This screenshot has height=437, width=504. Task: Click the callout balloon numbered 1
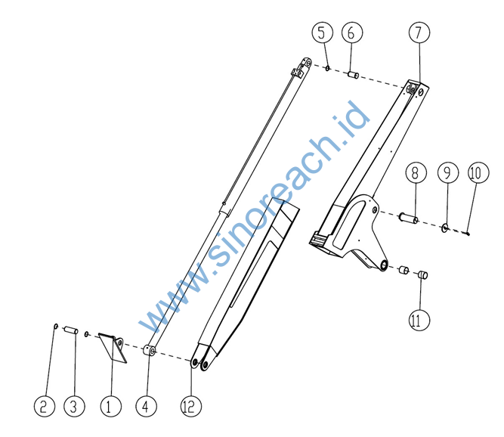tap(111, 406)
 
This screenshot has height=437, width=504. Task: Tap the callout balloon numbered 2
tap(45, 406)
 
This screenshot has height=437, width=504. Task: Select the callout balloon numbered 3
tap(74, 406)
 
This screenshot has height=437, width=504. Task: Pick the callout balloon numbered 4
tap(147, 406)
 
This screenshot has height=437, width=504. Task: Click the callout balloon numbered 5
tap(323, 33)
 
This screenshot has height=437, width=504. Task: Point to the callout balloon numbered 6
tap(352, 33)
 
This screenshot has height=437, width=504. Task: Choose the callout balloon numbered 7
tap(419, 33)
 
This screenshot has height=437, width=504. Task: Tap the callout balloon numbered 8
tap(416, 172)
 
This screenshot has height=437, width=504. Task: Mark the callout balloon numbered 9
tap(448, 172)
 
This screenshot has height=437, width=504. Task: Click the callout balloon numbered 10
tap(478, 172)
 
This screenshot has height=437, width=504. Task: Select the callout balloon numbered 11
tap(419, 320)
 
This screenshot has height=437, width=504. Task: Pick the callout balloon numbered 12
tap(191, 406)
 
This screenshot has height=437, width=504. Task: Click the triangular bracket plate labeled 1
tap(113, 347)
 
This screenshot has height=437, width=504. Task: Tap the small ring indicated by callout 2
tap(55, 327)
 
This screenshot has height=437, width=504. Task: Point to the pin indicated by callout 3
tap(71, 330)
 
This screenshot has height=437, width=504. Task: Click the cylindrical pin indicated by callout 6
tap(353, 76)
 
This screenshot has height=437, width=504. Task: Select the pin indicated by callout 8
tap(408, 218)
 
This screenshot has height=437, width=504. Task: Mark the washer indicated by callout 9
tap(445, 228)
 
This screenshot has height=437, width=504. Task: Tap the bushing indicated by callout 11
tap(422, 275)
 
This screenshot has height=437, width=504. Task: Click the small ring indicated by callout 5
tap(327, 68)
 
